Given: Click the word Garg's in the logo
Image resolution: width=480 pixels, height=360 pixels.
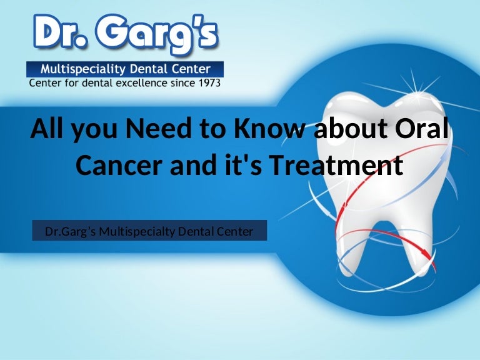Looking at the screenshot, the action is click(157, 34).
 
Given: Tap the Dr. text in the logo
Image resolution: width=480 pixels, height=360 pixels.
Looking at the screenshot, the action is click(60, 32).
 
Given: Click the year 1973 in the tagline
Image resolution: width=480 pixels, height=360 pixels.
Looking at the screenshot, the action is click(210, 83).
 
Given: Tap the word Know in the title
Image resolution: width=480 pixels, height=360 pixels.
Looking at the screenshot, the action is click(269, 128).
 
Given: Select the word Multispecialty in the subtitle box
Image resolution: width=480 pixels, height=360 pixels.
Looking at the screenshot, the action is click(137, 232).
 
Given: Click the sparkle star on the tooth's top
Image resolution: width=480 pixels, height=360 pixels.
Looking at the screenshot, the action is click(416, 91).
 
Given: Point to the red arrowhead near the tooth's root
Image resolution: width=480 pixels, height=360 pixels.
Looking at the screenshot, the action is click(429, 256).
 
